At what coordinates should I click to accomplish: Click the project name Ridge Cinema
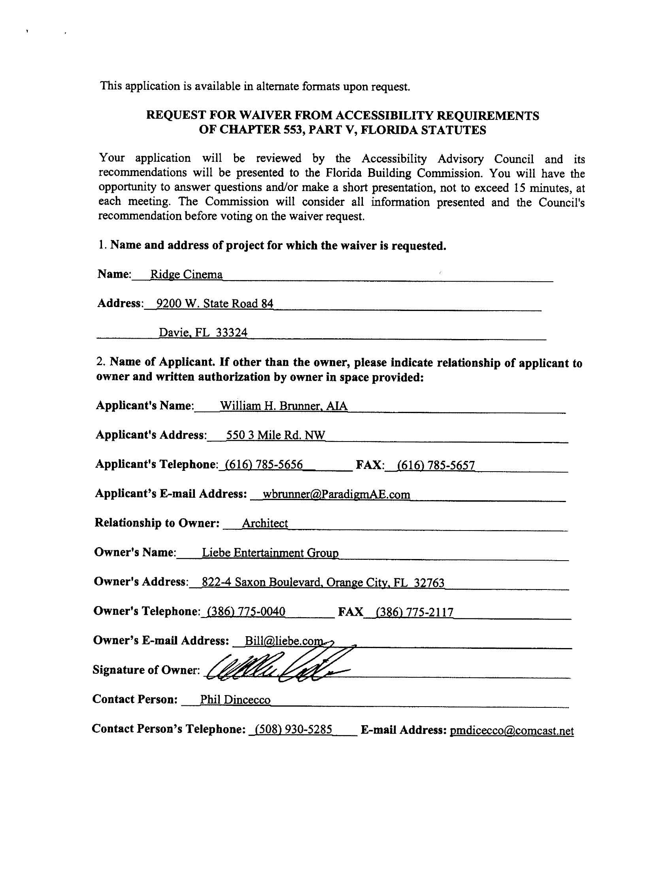click(x=186, y=275)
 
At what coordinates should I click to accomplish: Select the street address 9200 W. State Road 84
click(x=215, y=303)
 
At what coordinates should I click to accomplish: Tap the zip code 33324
click(x=231, y=332)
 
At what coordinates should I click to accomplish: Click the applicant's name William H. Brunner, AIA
click(x=283, y=406)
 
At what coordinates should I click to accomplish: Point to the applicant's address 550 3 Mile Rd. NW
click(x=276, y=435)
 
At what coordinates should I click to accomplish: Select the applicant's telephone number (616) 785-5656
click(x=264, y=464)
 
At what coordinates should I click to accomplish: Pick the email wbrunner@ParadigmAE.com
click(x=336, y=495)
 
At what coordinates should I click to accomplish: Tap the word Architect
click(x=265, y=523)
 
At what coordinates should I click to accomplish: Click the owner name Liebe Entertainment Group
click(x=270, y=553)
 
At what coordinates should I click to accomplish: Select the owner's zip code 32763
click(x=429, y=583)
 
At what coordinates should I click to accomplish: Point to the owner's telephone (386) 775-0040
click(x=244, y=612)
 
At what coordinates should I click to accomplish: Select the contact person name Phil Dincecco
click(x=235, y=700)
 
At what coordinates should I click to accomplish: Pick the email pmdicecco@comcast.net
click(x=512, y=731)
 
